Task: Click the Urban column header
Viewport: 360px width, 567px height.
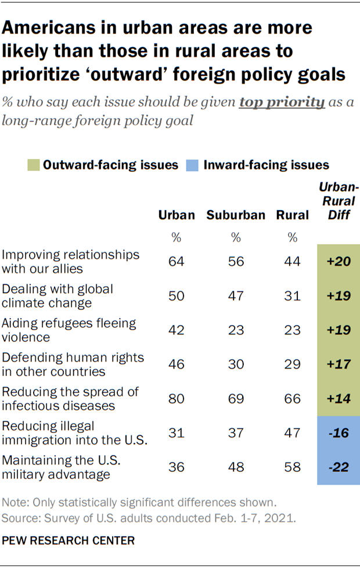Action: click(177, 215)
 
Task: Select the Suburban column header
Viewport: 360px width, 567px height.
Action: click(235, 215)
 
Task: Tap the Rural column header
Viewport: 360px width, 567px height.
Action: click(292, 215)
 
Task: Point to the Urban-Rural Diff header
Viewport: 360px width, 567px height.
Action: click(339, 202)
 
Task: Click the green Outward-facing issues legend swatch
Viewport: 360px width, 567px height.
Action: click(33, 165)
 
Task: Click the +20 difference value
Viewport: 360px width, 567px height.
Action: click(338, 261)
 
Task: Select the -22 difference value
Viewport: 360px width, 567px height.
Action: click(338, 468)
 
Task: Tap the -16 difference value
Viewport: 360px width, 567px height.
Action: click(338, 434)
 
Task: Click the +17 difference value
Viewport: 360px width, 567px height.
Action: click(338, 364)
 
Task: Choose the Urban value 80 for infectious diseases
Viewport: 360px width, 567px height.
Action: click(177, 399)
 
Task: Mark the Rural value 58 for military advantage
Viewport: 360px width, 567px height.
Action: click(292, 468)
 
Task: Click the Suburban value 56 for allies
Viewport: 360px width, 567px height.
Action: click(235, 261)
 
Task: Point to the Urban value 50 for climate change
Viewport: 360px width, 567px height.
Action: click(177, 295)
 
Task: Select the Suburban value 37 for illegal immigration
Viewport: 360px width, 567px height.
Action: click(235, 434)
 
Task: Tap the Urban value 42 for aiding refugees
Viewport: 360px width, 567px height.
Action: click(177, 330)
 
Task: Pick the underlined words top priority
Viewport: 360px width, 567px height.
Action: click(282, 103)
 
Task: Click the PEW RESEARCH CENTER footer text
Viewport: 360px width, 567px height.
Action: click(68, 540)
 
